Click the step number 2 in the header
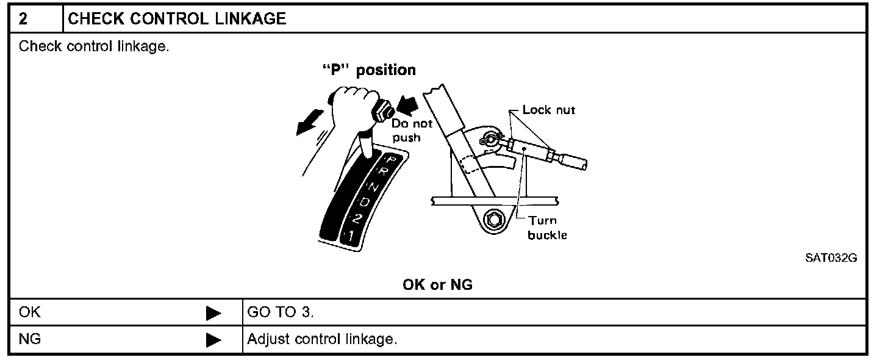pyautogui.click(x=23, y=19)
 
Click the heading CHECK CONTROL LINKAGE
pyautogui.click(x=177, y=19)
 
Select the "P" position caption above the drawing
pyautogui.click(x=369, y=70)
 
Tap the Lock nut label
pyautogui.click(x=549, y=110)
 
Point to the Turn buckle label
pyautogui.click(x=542, y=228)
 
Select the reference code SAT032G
pyautogui.click(x=831, y=258)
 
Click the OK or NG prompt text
pyautogui.click(x=438, y=285)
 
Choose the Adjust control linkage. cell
pyautogui.click(x=322, y=339)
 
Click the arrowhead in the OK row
pyautogui.click(x=213, y=314)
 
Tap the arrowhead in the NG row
pyautogui.click(x=213, y=340)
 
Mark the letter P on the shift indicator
pyautogui.click(x=392, y=162)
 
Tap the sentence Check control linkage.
pyautogui.click(x=94, y=46)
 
